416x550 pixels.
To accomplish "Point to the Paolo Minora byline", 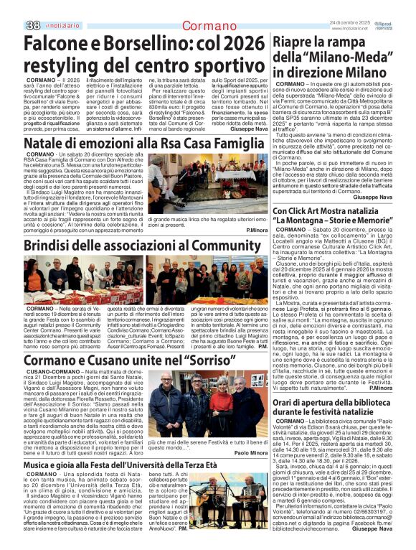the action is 250,453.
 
